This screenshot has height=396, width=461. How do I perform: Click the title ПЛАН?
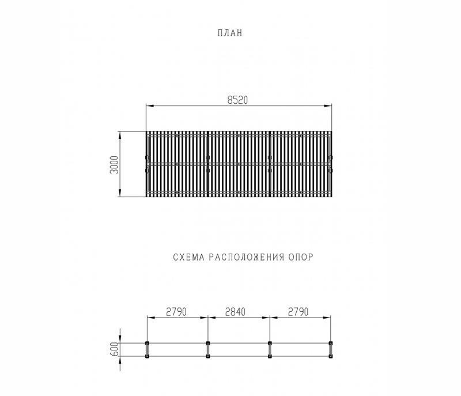click(231, 33)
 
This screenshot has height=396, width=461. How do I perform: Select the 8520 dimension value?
click(237, 100)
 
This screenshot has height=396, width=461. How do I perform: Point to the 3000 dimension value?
click(115, 164)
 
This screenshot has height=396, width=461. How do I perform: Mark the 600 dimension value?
click(115, 349)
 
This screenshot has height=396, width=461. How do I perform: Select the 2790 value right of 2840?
click(297, 312)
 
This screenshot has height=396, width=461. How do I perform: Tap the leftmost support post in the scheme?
click(147, 350)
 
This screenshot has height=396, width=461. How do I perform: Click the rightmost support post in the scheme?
click(331, 350)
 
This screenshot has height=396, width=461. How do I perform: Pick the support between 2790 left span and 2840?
click(208, 350)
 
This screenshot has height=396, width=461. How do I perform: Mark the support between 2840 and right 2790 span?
click(270, 350)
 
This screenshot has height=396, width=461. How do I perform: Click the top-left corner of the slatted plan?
click(146, 132)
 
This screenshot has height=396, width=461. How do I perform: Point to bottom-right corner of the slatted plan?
click(332, 196)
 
